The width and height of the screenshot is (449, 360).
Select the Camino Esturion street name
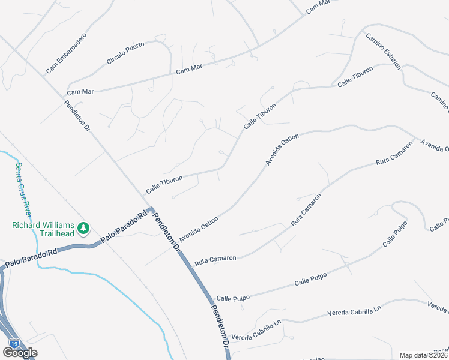[x=385, y=50]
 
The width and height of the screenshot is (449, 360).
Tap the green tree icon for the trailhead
[x=83, y=228]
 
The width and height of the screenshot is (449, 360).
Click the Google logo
[x=20, y=353]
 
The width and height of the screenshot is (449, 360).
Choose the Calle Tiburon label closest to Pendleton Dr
[x=163, y=183]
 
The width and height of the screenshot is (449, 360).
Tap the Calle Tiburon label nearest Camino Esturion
[x=355, y=77]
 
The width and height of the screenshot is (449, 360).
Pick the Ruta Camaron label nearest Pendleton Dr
[x=215, y=259]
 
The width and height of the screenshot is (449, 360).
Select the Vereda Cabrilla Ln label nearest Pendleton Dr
[x=256, y=329]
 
